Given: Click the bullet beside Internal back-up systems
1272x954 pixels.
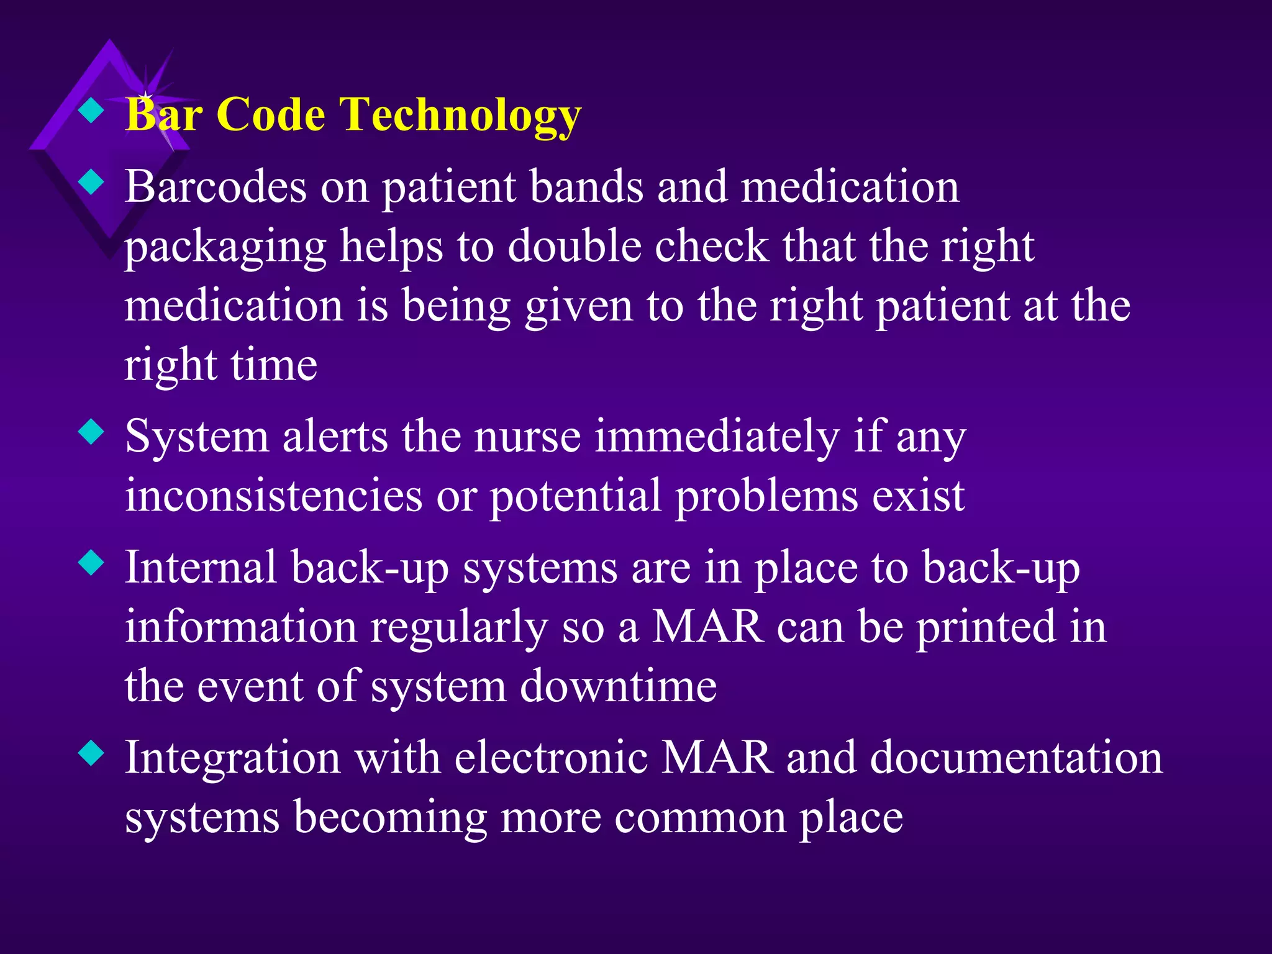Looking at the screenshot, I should pyautogui.click(x=91, y=564).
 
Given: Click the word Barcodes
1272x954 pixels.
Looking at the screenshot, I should pyautogui.click(x=216, y=186).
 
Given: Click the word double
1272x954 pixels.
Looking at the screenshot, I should pyautogui.click(x=574, y=246).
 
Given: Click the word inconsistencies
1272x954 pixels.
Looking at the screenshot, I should pyautogui.click(x=273, y=496).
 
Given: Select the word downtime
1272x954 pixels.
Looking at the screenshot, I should pyautogui.click(x=618, y=686).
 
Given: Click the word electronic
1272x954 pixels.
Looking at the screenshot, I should pyautogui.click(x=551, y=758).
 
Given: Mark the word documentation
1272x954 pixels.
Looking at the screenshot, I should pyautogui.click(x=1016, y=758).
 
